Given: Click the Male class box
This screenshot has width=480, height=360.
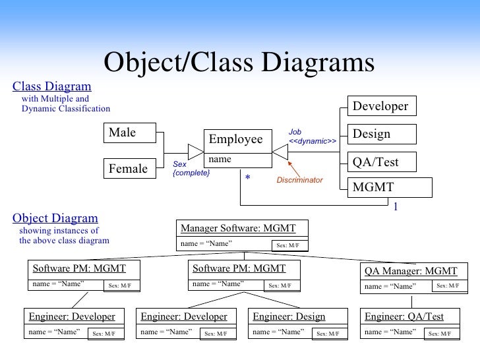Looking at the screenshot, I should tap(129, 133).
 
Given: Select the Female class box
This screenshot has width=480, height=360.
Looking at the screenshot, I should tap(129, 169).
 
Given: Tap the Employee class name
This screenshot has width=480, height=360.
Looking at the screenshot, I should tap(236, 140).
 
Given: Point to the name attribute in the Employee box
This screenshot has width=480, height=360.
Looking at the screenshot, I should tap(220, 160).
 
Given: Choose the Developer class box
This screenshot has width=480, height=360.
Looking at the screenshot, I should tap(381, 106).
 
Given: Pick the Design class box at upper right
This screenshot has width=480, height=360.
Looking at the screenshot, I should tap(381, 134).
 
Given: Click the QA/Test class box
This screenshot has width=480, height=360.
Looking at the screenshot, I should tap(381, 162).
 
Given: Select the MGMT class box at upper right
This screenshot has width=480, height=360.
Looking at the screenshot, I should tap(389, 188).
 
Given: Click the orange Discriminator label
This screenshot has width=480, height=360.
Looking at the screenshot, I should tap(299, 180).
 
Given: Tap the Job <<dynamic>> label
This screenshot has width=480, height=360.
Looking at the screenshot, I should tap(312, 137).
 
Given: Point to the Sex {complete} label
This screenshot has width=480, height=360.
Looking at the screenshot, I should tap(191, 169).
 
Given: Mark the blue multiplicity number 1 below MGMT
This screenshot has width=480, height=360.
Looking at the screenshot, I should tap(396, 207).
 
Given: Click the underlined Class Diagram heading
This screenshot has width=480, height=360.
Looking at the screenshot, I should tap(52, 86).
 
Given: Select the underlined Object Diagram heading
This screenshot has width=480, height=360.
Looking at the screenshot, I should tap(55, 218).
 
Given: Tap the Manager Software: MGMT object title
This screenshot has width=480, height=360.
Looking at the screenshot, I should tap(238, 229).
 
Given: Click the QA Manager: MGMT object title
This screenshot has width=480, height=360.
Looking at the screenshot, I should tap(411, 271).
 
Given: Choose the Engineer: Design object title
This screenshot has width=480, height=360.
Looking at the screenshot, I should tap(289, 317).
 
